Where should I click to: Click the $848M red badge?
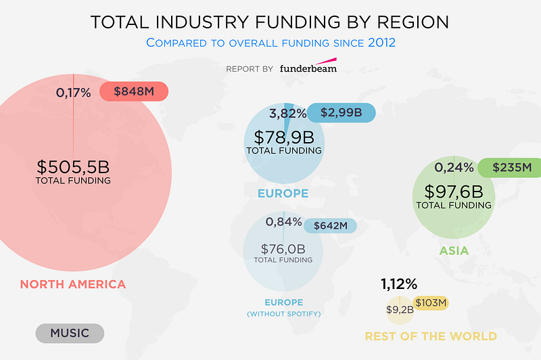[133, 92]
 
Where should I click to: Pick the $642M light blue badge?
[330, 225]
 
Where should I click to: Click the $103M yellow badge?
[431, 303]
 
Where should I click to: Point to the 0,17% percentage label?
[72, 93]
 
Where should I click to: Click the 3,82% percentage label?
[288, 113]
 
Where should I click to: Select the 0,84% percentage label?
[283, 221]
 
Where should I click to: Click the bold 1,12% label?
[399, 284]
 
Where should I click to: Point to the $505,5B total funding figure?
[73, 166]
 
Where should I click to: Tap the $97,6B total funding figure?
[454, 192]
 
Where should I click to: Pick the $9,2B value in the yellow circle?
[399, 310]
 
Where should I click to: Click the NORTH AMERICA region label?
[73, 284]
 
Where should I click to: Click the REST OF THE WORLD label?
[431, 336]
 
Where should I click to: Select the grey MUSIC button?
[70, 333]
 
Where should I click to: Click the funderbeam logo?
[308, 68]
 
